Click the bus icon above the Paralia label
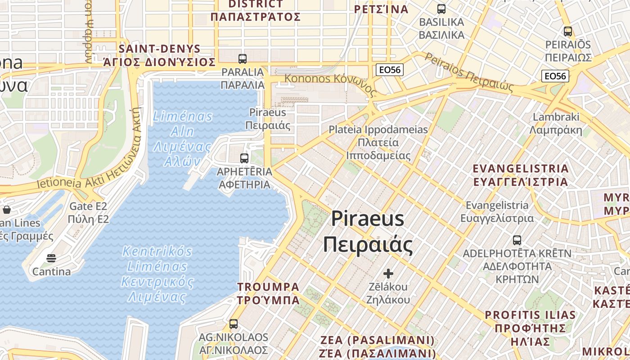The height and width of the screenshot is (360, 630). coord(242,58)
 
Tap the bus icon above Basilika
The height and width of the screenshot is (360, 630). coord(441,9)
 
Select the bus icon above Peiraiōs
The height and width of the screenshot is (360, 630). coord(568,31)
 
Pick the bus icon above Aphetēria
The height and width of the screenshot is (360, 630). coord(244,158)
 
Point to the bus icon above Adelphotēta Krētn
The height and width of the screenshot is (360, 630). coord(517,240)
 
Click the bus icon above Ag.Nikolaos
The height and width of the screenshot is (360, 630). coord(233,324)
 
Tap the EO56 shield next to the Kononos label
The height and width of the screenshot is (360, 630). coord(390,70)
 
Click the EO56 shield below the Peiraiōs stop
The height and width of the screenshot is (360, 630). coord(555,76)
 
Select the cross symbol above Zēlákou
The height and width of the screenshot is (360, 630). coord(388,273)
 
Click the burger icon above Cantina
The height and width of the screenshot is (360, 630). coord(51,258)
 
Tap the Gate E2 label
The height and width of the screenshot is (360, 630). coord(89,213)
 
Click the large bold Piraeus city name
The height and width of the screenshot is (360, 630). coord(368,232)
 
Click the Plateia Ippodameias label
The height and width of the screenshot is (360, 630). coord(378,142)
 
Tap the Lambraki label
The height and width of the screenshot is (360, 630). coord(556,124)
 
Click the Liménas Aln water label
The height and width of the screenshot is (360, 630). coord(182,139)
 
